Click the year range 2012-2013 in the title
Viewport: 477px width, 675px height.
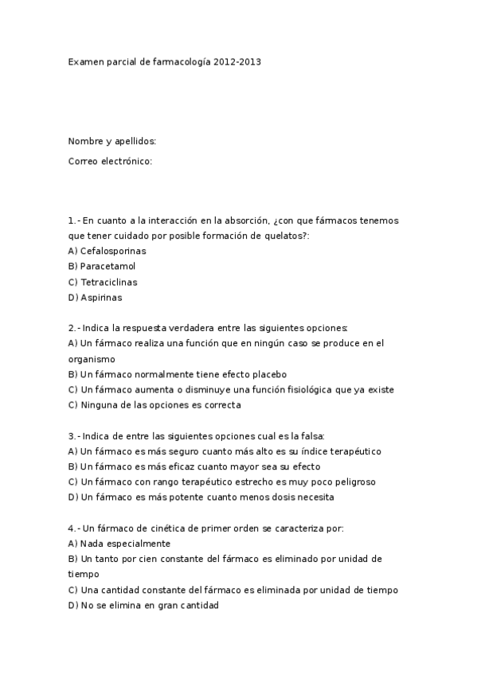pos(237,60)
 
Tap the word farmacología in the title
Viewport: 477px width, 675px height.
pos(183,60)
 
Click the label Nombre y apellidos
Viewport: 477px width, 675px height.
pos(112,142)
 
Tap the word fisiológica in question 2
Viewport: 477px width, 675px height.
pos(311,389)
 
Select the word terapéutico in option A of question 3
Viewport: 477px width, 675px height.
pos(354,451)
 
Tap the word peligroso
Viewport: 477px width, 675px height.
pos(350,482)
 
